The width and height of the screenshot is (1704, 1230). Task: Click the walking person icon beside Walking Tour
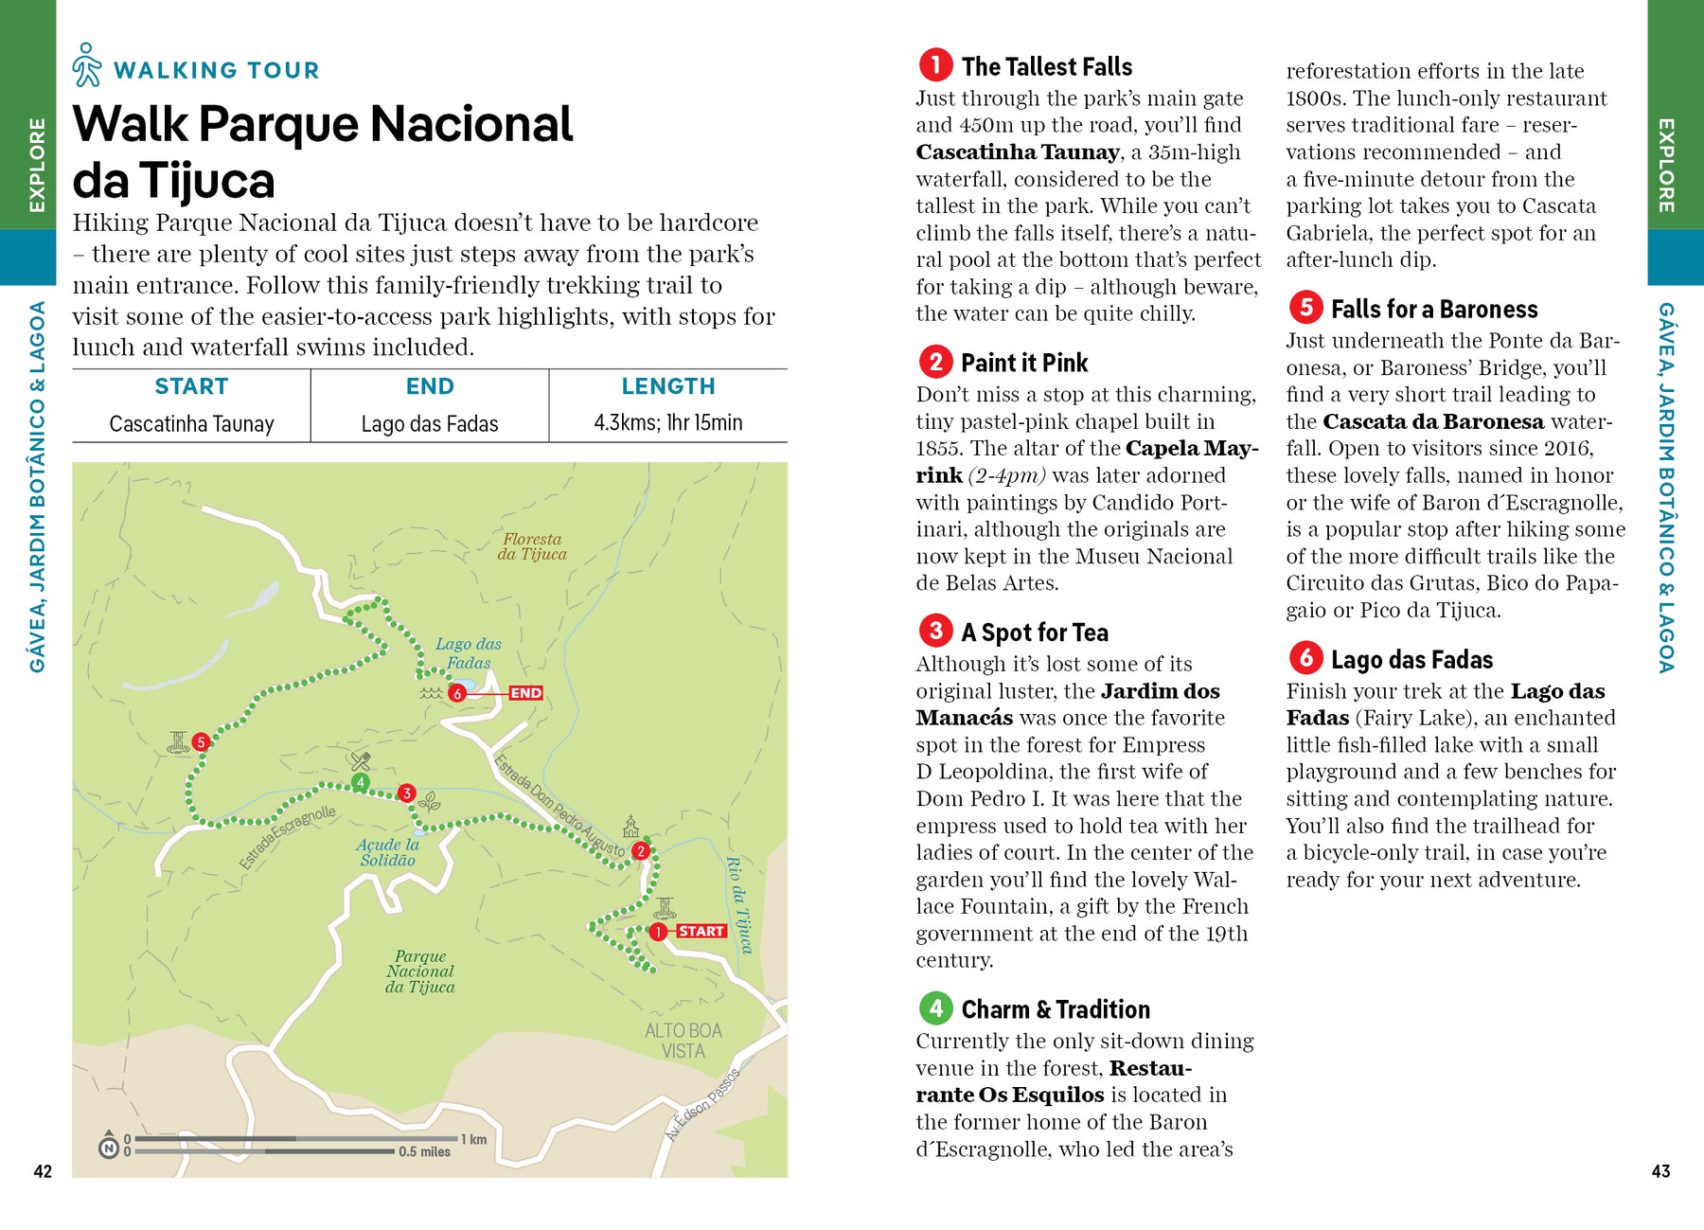[x=87, y=64]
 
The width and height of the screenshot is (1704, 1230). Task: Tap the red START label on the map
[x=701, y=932]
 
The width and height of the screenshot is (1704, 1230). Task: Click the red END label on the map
[x=525, y=693]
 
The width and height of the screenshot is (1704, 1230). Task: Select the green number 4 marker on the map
[x=360, y=782]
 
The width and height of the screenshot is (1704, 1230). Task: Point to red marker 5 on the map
[x=201, y=742]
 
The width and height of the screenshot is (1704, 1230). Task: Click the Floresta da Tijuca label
[x=532, y=546]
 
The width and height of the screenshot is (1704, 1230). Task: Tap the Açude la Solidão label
[x=388, y=852]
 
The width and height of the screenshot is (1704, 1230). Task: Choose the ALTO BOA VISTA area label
[x=683, y=1040]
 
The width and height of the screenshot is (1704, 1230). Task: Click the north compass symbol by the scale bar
[x=109, y=1147]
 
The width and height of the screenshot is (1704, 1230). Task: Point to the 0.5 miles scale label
[x=424, y=1152]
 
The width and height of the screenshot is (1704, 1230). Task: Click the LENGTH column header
[x=667, y=386]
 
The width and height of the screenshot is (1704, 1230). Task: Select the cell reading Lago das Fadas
[x=430, y=423]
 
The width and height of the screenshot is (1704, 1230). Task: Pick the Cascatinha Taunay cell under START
[x=191, y=423]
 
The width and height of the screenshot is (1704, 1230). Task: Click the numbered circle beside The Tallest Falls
[x=935, y=65]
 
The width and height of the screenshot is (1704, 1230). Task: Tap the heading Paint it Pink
[x=1024, y=363]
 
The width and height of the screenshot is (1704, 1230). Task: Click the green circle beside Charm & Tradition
[x=935, y=1007]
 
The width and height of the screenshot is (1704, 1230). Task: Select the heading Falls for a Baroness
[x=1433, y=310]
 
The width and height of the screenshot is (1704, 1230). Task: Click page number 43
[x=1660, y=1171]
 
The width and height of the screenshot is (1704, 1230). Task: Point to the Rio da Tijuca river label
[x=739, y=904]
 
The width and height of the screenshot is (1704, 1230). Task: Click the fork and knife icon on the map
[x=360, y=760]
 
